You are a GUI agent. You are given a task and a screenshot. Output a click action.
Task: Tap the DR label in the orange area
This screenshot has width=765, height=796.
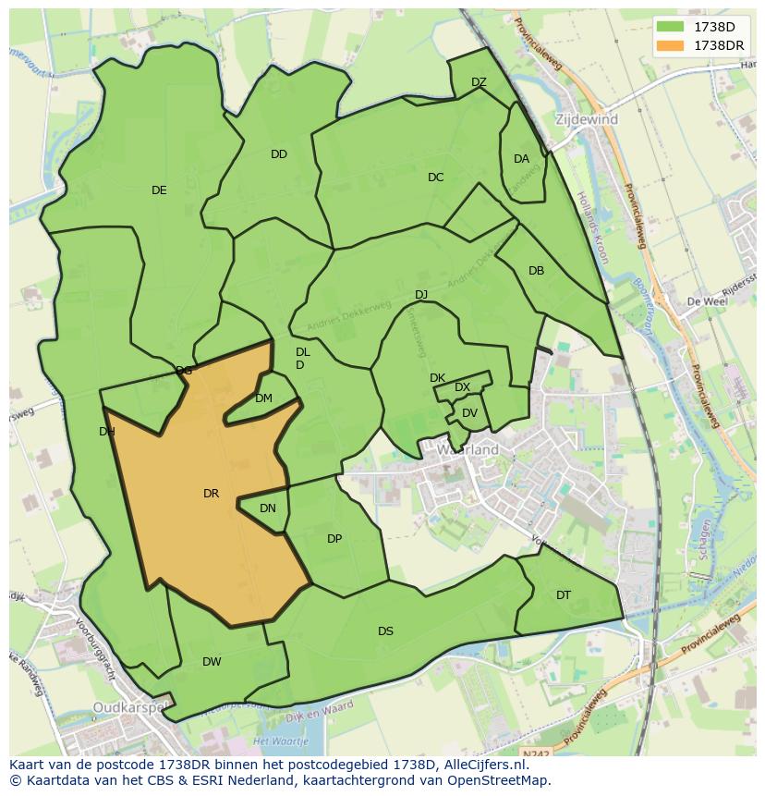[211, 494]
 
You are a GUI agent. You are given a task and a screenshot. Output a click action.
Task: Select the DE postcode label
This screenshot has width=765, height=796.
[159, 190]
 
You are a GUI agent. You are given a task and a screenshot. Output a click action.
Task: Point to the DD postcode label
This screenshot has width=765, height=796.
[279, 154]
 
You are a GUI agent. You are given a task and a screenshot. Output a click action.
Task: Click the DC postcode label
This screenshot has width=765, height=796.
[436, 178]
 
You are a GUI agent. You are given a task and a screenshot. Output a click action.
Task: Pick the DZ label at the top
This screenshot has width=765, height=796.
[479, 82]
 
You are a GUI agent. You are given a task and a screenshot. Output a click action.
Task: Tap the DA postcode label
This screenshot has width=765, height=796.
[521, 159]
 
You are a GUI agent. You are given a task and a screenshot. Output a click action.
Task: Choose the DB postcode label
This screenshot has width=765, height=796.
[536, 271]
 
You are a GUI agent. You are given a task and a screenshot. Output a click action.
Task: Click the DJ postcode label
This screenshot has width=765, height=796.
[421, 295]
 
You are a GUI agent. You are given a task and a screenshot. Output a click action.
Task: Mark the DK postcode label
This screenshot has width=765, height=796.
[437, 378]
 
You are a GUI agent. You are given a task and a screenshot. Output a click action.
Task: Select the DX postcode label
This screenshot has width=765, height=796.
[462, 387]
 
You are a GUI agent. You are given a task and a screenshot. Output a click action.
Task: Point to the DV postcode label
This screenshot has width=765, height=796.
[469, 413]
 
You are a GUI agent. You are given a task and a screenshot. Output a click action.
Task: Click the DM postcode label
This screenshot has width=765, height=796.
[263, 398]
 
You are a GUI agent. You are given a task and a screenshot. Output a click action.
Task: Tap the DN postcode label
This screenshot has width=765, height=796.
[268, 508]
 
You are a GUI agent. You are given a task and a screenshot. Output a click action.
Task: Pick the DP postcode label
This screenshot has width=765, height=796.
[334, 539]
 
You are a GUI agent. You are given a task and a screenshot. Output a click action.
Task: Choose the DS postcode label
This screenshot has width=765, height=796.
[385, 631]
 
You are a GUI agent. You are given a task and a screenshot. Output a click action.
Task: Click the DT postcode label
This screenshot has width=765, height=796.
[564, 595]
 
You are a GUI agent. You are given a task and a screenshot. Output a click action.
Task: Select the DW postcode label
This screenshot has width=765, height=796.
[212, 662]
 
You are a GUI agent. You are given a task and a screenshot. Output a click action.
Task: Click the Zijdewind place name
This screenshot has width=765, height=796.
[587, 120]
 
